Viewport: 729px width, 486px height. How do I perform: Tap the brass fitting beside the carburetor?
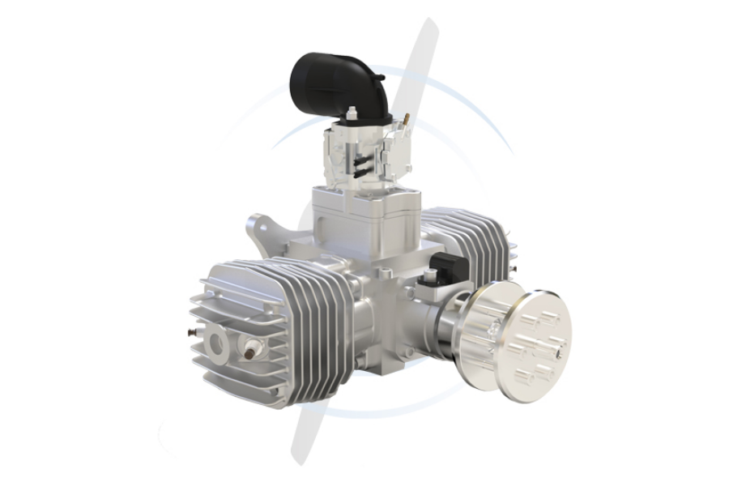pyautogui.click(x=406, y=119)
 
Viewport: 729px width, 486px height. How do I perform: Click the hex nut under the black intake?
pyautogui.click(x=354, y=113)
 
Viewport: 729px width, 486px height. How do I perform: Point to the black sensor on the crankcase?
pyautogui.click(x=450, y=266)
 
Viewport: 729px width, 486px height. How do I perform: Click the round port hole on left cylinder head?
pyautogui.click(x=218, y=344)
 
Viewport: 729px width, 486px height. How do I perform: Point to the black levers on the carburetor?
pyautogui.click(x=360, y=163)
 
